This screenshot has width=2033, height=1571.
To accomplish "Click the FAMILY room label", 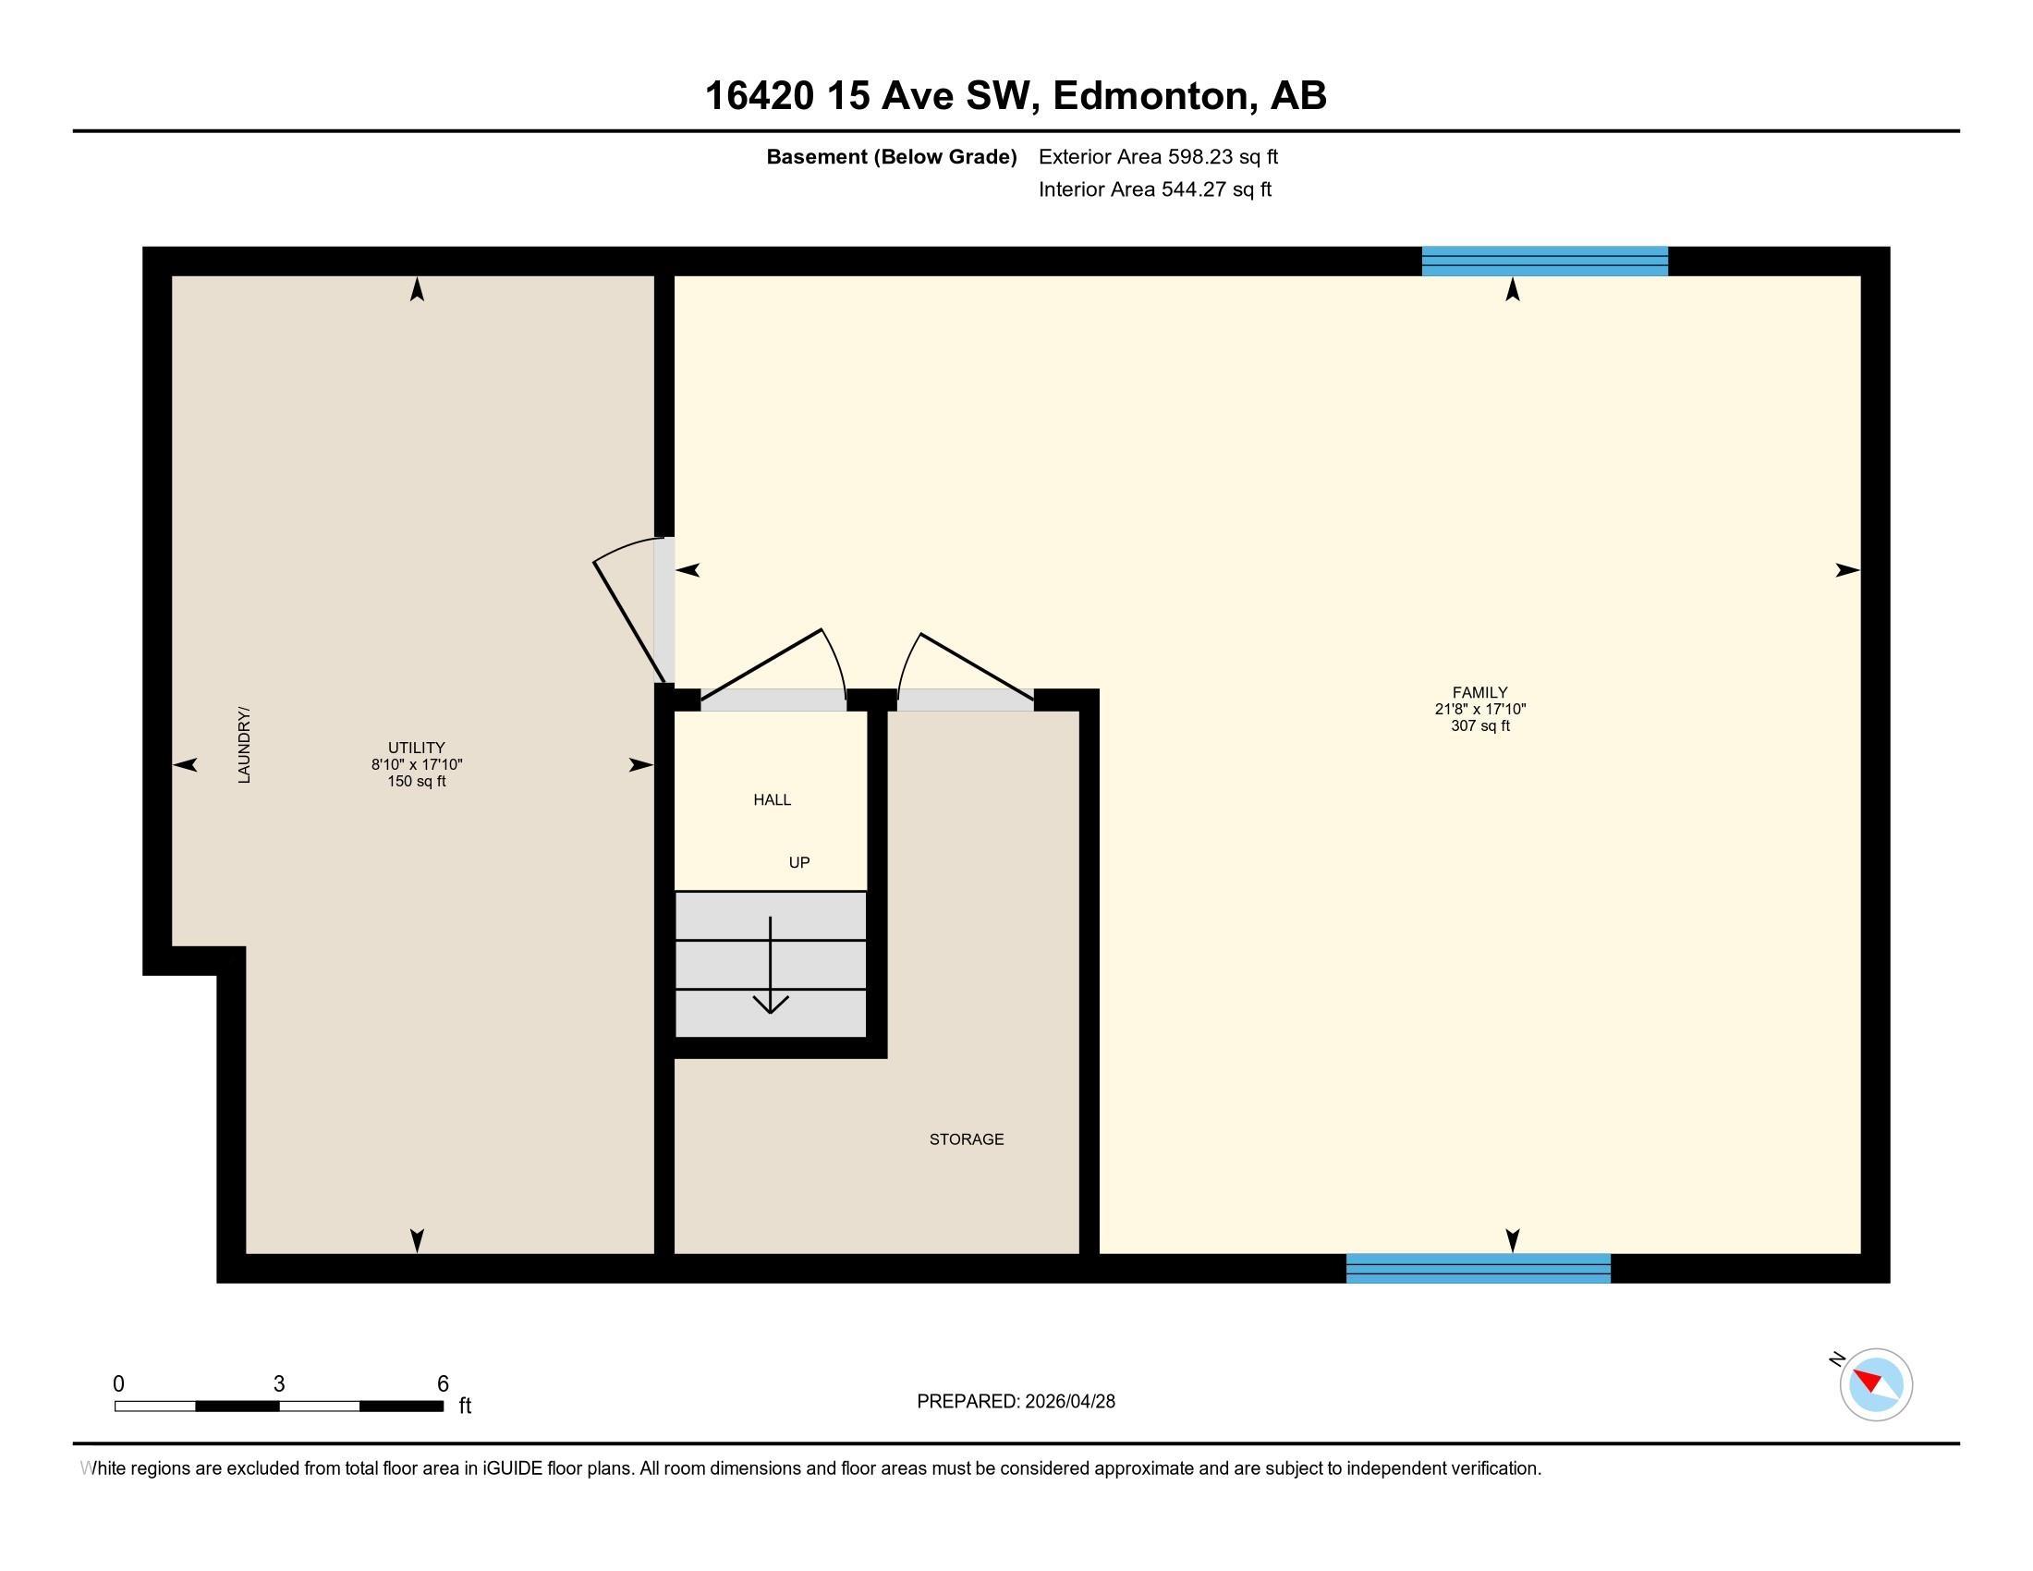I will [1479, 691].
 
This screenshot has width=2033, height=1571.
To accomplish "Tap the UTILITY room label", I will [416, 748].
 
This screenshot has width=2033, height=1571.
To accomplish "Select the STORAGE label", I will [967, 1139].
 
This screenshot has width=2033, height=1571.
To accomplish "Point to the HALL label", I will [772, 799].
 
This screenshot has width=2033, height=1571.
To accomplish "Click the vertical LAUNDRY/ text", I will [245, 745].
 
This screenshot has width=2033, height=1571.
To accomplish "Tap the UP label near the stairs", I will [798, 863].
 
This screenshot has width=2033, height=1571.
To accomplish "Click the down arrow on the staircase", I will [770, 968].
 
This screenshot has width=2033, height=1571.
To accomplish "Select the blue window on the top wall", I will [1544, 262].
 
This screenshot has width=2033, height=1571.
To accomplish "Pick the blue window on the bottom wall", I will [1478, 1269].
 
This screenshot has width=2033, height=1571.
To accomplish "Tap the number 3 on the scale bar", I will [278, 1384].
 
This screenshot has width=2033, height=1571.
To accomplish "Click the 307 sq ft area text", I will [1479, 726].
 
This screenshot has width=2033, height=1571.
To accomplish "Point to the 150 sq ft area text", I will [416, 782].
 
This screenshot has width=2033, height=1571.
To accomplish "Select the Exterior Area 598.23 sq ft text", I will [1158, 157].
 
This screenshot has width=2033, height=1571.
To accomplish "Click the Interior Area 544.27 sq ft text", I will [1154, 189].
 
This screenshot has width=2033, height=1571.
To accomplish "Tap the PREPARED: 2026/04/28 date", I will [1016, 1402].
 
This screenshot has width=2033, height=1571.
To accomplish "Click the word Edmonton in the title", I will [1150, 96].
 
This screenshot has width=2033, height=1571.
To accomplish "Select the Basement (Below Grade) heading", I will [891, 157].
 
